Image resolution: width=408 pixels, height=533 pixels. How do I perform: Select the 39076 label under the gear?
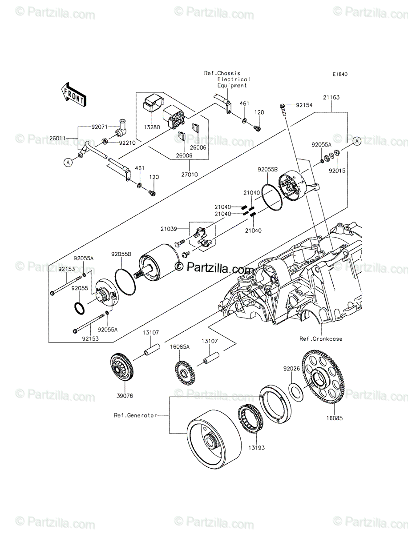[x=125, y=395]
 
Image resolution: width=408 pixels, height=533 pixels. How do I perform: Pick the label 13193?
[x=257, y=448]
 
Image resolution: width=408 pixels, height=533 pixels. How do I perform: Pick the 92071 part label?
[x=100, y=127]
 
